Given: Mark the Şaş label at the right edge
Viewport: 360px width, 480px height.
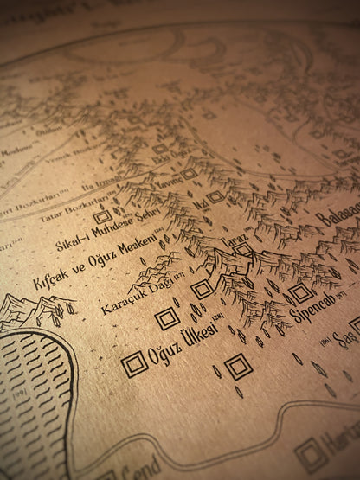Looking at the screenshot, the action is pyautogui.click(x=346, y=338).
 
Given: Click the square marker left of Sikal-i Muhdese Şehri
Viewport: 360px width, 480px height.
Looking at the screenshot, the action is pyautogui.click(x=103, y=216).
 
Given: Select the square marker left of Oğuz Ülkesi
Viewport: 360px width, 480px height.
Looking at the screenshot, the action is pyautogui.click(x=134, y=364).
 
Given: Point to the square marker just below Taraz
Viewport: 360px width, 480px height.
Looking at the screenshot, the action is pyautogui.click(x=243, y=250).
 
